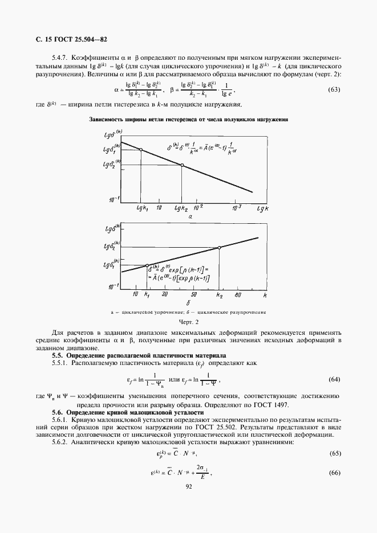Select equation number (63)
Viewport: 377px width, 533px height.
pyautogui.click(x=334, y=89)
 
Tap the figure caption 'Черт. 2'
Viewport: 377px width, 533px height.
pyautogui.click(x=188, y=323)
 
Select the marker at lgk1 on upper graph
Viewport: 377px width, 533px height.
pyautogui.click(x=141, y=150)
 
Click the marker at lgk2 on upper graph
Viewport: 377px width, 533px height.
pyautogui.click(x=182, y=165)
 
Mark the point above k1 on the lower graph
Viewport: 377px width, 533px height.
pyautogui.click(x=147, y=266)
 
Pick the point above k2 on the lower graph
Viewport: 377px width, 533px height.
pyautogui.click(x=219, y=247)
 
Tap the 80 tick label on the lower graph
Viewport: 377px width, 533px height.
pyautogui.click(x=238, y=295)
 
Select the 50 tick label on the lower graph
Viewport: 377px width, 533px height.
pyautogui.click(x=194, y=295)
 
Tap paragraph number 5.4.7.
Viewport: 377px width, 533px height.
pyautogui.click(x=61, y=58)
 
